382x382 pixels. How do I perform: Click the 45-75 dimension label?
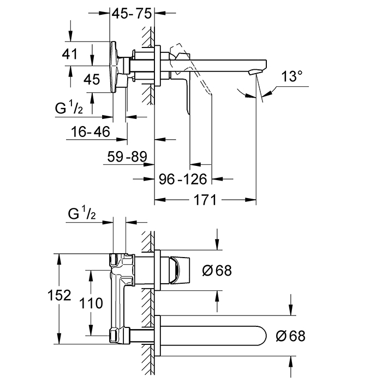[x=131, y=14]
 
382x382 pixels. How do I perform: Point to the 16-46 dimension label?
[x=91, y=131]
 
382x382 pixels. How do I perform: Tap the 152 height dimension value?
[x=59, y=296]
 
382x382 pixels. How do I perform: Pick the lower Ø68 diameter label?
[x=290, y=336]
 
